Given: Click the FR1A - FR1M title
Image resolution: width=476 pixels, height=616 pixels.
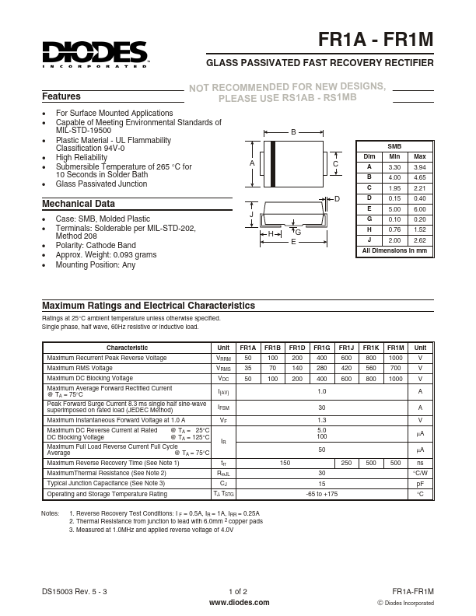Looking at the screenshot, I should [x=376, y=40].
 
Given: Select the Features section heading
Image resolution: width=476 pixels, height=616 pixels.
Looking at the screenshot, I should [x=61, y=97].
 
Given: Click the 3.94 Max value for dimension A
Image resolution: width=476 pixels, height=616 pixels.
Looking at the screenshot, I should [x=420, y=167].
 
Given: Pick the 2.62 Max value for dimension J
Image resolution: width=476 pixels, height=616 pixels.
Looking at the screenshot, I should [x=420, y=240].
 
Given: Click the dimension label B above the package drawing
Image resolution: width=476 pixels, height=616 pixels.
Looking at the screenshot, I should [x=293, y=133].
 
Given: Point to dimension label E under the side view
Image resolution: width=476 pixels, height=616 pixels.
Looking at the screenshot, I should [x=293, y=243].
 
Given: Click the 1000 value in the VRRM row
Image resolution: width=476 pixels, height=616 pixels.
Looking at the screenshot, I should [x=395, y=358].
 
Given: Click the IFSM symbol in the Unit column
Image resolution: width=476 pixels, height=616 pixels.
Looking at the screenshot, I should [x=223, y=408].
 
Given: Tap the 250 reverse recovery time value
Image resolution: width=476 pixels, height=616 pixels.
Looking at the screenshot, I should [x=345, y=463].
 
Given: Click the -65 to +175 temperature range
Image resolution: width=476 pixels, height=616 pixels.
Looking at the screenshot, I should [x=321, y=494].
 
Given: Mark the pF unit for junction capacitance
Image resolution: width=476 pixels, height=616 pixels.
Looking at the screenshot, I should [x=420, y=483].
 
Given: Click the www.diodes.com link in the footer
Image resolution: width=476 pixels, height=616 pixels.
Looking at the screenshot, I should [x=240, y=602].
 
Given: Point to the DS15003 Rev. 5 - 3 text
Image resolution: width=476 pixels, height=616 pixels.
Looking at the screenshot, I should [x=75, y=592].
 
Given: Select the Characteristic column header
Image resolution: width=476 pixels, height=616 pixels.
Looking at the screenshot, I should [x=127, y=348].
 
